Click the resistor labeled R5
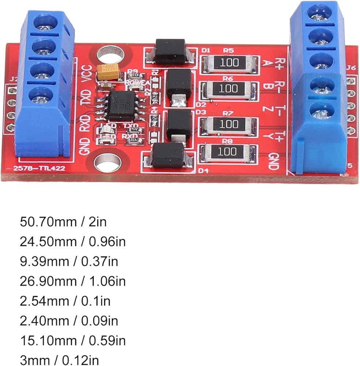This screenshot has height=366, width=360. pos(229,62)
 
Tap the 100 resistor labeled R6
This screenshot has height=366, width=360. pos(229,89)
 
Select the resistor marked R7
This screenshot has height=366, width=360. pos(229,124)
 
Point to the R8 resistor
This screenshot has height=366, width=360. pos(229,151)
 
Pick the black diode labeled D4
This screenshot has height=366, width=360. pos(168,155)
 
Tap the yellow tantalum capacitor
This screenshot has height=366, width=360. pos(109,72)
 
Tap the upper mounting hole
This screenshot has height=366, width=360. pos(109,54)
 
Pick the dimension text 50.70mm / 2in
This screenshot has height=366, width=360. pos(63,221)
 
